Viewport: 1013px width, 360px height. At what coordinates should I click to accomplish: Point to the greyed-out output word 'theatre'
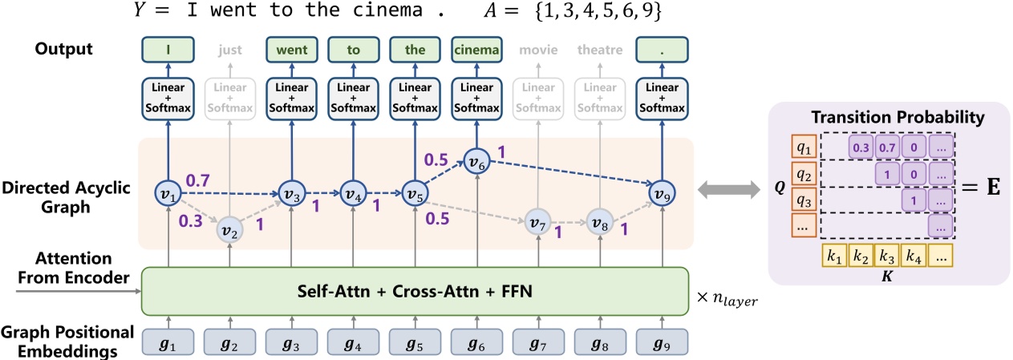pos(600,50)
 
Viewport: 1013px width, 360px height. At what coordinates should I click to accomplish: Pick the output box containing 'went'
pos(290,49)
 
